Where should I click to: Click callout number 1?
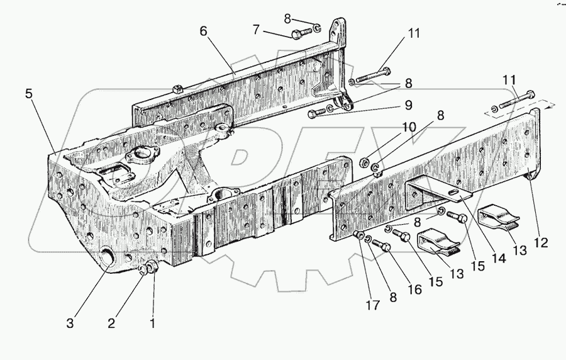152,324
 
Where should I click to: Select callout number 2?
111,324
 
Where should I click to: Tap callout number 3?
70,324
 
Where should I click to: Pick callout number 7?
256,29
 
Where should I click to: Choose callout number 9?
408,104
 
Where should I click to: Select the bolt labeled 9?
318,112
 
